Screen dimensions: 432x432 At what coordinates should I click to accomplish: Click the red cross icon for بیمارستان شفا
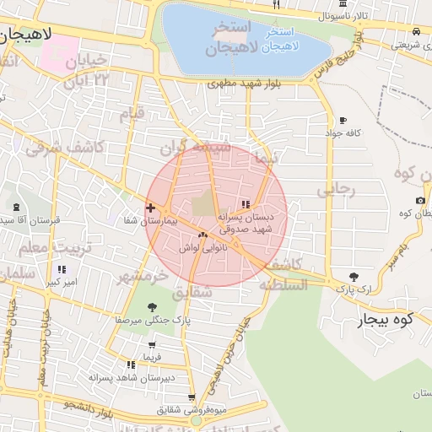150,208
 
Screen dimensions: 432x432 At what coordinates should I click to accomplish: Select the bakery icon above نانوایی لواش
202,235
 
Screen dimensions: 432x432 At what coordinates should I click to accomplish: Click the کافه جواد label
346,133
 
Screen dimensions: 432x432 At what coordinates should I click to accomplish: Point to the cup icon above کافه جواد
343,120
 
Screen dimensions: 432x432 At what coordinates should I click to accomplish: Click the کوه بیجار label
388,320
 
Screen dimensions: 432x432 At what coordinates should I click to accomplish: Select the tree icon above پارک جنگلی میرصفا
152,308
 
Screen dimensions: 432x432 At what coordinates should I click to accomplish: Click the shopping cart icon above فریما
151,344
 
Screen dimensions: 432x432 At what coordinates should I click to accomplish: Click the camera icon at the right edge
420,200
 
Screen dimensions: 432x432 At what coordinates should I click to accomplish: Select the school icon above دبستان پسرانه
246,204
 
